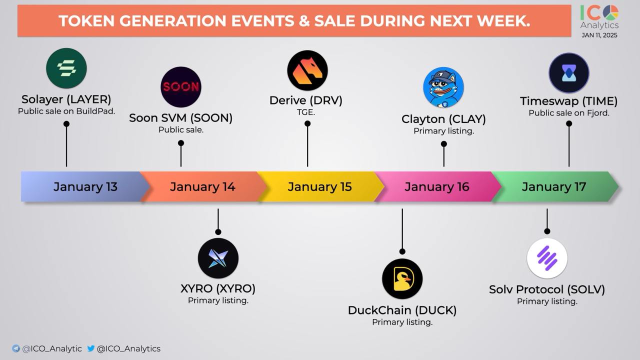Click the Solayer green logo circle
pyautogui.click(x=66, y=68)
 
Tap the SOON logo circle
pyautogui.click(x=181, y=87)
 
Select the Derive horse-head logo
pyautogui.click(x=307, y=70)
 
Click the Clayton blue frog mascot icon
pyautogui.click(x=443, y=87)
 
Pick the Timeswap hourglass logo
pyautogui.click(x=569, y=73)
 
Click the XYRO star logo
pyautogui.click(x=218, y=258)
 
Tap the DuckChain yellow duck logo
pyautogui.click(x=402, y=279)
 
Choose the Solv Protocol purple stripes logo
pyautogui.click(x=547, y=258)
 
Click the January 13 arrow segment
pyautogui.click(x=85, y=187)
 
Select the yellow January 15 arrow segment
pyautogui.click(x=320, y=187)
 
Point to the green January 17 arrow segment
pyautogui.click(x=555, y=187)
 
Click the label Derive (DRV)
pyautogui.click(x=305, y=100)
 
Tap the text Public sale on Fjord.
pyautogui.click(x=569, y=113)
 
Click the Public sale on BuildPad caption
pyautogui.click(x=66, y=111)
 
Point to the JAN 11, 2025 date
pyautogui.click(x=599, y=35)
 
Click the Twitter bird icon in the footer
pyautogui.click(x=91, y=348)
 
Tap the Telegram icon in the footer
pyautogui.click(x=16, y=348)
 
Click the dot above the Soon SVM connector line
pyautogui.click(x=181, y=143)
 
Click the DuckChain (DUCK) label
pyautogui.click(x=402, y=310)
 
